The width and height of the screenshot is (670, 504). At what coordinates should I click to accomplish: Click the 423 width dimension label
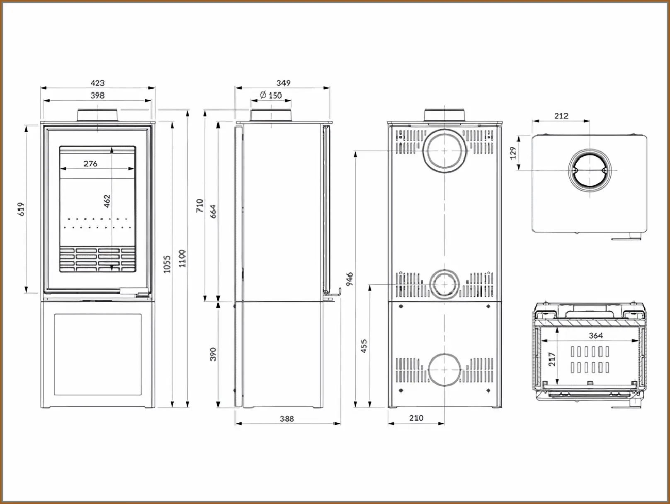pyautogui.click(x=97, y=83)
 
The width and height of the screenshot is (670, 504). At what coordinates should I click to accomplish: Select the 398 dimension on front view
pyautogui.click(x=97, y=95)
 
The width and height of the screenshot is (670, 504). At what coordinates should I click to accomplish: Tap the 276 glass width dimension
pyautogui.click(x=90, y=164)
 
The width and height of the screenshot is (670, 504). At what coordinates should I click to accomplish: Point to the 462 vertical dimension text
pyautogui.click(x=107, y=201)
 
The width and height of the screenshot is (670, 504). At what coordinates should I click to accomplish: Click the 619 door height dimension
pyautogui.click(x=21, y=209)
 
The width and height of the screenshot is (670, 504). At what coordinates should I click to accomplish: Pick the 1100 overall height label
pyautogui.click(x=182, y=259)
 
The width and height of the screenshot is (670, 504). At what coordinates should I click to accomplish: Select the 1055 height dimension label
pyautogui.click(x=167, y=264)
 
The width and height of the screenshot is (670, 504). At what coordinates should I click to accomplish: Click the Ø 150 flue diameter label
pyautogui.click(x=271, y=95)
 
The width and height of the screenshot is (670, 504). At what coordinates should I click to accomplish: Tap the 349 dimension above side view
pyautogui.click(x=283, y=83)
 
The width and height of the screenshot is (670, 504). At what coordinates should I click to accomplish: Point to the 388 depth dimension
pyautogui.click(x=286, y=419)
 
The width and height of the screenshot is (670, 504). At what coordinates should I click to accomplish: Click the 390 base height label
pyautogui.click(x=213, y=354)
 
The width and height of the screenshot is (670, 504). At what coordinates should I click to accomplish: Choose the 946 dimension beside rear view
pyautogui.click(x=350, y=279)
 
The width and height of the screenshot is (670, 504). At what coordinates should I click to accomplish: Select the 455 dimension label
pyautogui.click(x=364, y=346)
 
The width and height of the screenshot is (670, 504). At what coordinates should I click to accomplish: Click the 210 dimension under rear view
pyautogui.click(x=416, y=418)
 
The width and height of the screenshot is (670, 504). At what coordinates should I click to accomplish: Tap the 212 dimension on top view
pyautogui.click(x=561, y=116)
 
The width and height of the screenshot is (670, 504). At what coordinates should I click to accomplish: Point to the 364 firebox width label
pyautogui.click(x=595, y=335)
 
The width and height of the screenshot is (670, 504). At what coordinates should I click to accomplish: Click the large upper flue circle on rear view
pyautogui.click(x=444, y=151)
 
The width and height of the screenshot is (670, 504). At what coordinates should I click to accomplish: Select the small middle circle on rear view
pyautogui.click(x=444, y=284)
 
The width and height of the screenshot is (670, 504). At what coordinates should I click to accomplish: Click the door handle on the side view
pyautogui.click(x=335, y=294)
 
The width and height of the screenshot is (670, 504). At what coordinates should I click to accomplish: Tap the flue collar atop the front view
pyautogui.click(x=97, y=115)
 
